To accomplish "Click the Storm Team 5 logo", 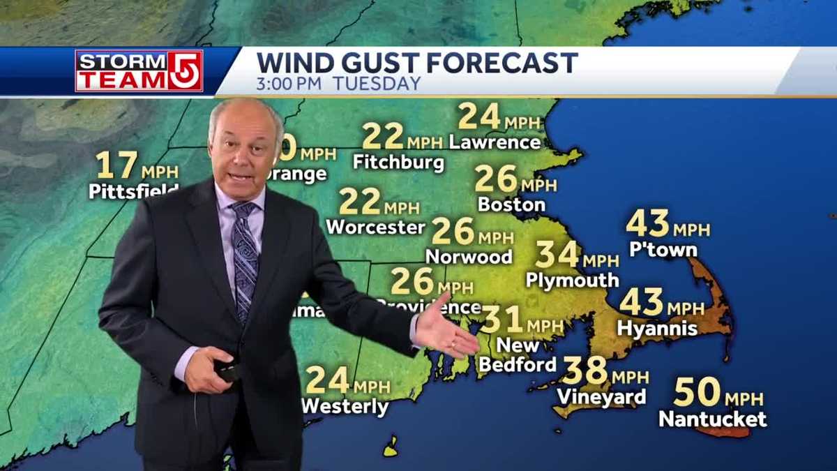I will coord(139,70).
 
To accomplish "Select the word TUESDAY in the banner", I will coord(377,84).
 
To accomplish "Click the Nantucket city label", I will coord(712,419).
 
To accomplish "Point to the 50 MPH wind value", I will coord(718,394).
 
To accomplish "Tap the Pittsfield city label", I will coord(133,190).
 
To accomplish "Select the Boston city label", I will coord(511,204).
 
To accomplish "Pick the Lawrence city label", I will coord(495,142).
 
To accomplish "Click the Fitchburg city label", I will coord(398,162).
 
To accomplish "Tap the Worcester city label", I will coord(375,227).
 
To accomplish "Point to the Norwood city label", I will coord(469,257).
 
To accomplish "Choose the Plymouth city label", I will coord(572,280).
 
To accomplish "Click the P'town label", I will coord(663,250).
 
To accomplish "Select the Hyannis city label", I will coord(657,328).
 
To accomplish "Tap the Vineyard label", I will coord(601,396).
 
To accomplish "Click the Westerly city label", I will coord(345,406).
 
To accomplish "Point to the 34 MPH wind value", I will coord(576,255).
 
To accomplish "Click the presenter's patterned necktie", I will coord(245,258).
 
